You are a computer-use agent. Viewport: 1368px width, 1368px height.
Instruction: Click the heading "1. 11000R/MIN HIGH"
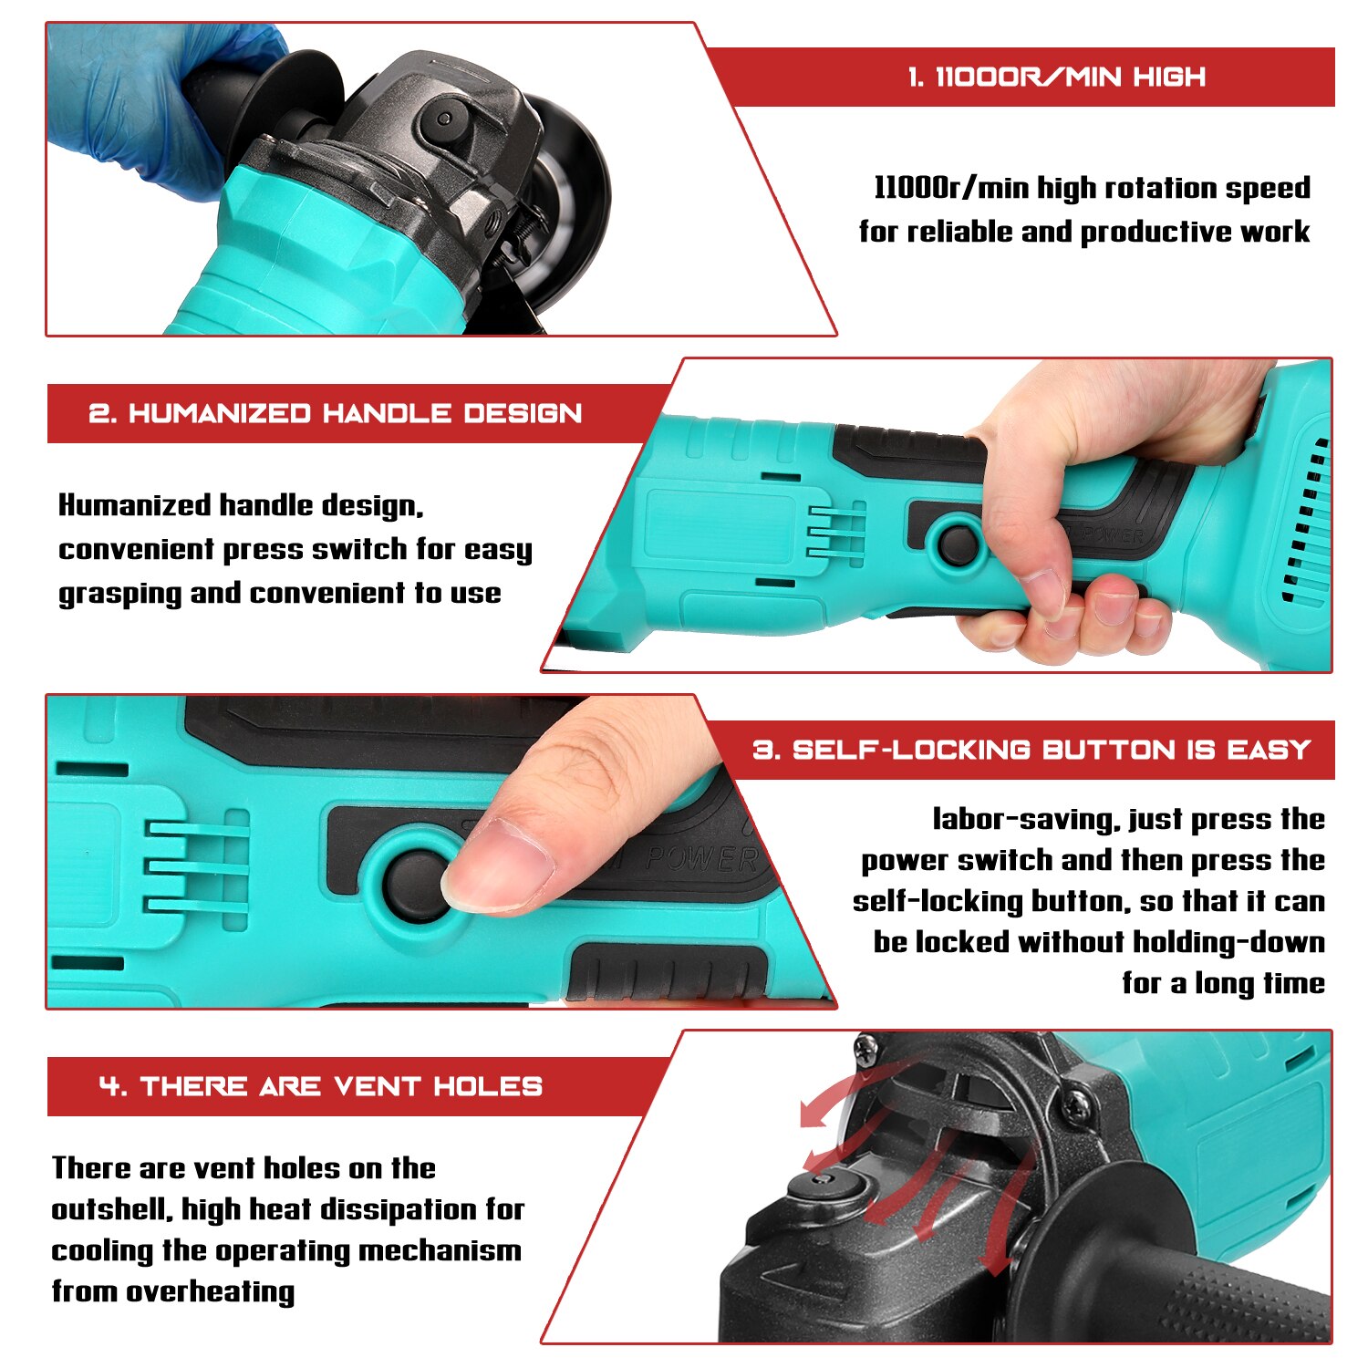pyautogui.click(x=1056, y=77)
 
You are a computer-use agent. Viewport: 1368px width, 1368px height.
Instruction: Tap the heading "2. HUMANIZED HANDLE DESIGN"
pyautogui.click(x=335, y=413)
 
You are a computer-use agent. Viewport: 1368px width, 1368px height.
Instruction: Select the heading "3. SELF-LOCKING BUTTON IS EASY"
pyautogui.click(x=1031, y=750)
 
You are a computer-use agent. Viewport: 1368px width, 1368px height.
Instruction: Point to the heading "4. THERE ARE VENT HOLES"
pyautogui.click(x=321, y=1086)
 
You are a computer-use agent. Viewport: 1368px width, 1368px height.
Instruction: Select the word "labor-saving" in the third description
pyautogui.click(x=1025, y=819)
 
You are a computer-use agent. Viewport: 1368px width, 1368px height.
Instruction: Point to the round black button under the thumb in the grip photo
pyautogui.click(x=958, y=543)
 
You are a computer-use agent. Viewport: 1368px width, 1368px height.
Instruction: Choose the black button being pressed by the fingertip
pyautogui.click(x=415, y=885)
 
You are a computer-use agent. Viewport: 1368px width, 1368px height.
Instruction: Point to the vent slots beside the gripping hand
pyautogui.click(x=1307, y=520)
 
